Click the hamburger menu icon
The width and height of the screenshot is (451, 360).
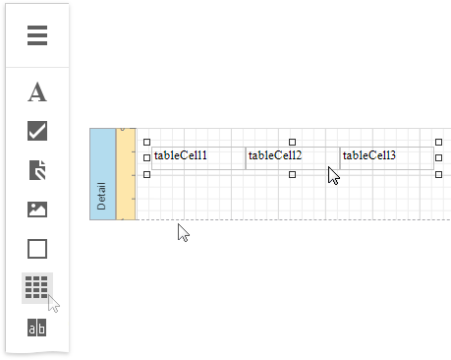(x=37, y=36)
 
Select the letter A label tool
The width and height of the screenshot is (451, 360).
(x=37, y=92)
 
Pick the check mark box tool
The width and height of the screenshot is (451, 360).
(x=37, y=131)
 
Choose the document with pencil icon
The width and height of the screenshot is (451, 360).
(x=37, y=170)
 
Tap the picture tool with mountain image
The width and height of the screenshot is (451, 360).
(x=37, y=209)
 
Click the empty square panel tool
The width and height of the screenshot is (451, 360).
(x=37, y=249)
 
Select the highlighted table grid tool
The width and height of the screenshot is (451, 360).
(x=36, y=287)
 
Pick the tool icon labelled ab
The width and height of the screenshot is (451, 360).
(x=37, y=328)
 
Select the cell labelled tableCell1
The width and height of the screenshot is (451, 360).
(x=197, y=156)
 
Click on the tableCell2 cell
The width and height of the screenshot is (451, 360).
(x=292, y=156)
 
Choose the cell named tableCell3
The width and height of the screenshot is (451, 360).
(x=386, y=156)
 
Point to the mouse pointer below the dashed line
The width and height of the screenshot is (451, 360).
(x=183, y=232)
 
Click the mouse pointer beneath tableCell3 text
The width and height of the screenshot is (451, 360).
(x=334, y=176)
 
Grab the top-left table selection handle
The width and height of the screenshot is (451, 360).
(x=147, y=142)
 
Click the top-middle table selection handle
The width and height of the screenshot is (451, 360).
(x=292, y=142)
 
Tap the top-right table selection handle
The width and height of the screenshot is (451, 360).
(x=438, y=142)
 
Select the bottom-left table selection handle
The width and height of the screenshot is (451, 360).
(x=147, y=174)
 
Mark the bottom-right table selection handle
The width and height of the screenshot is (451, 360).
(x=438, y=174)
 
